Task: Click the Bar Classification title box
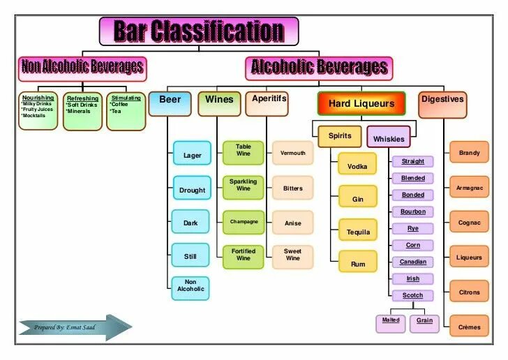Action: (x=199, y=31)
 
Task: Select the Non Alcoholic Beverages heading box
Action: (x=82, y=68)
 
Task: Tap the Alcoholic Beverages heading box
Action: (x=319, y=68)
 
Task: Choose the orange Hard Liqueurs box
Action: (x=361, y=103)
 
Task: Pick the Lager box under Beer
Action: (x=191, y=155)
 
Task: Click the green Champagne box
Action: (x=244, y=222)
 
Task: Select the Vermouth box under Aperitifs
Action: (x=292, y=153)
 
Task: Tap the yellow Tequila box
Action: (x=358, y=232)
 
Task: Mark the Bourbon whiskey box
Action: (x=412, y=211)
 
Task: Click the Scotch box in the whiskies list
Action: (x=412, y=295)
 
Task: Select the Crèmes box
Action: (x=469, y=327)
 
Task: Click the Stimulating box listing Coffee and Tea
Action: (x=126, y=111)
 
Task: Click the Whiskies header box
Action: (x=389, y=137)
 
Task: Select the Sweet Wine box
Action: (x=292, y=255)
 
